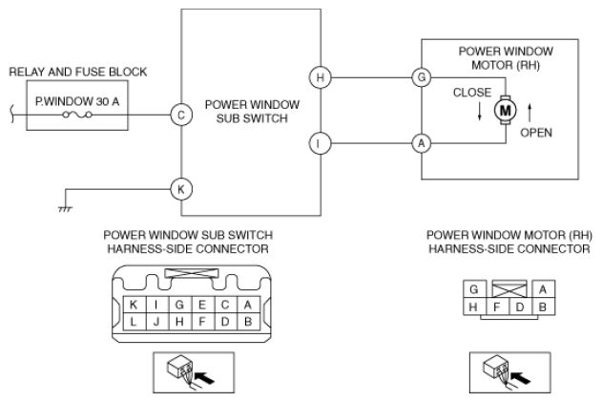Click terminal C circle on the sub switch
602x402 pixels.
[x=181, y=115]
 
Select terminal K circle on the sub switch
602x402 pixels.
[x=181, y=189]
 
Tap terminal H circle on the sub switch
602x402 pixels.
[x=320, y=77]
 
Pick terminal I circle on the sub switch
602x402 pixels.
[x=320, y=143]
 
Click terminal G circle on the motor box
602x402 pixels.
[x=422, y=77]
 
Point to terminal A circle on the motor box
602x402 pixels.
[x=422, y=143]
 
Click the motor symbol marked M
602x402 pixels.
[x=506, y=111]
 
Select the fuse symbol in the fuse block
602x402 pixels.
[x=77, y=115]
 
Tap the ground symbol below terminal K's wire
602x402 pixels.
[x=65, y=209]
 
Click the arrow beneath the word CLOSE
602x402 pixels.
[x=480, y=112]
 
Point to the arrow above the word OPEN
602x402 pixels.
[x=529, y=113]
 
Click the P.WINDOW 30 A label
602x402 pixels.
[x=77, y=101]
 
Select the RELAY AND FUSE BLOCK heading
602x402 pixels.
[x=78, y=72]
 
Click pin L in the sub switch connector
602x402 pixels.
[x=134, y=321]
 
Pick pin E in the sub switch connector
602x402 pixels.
[x=202, y=305]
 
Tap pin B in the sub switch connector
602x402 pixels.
[x=248, y=321]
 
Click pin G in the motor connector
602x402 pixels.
[x=474, y=289]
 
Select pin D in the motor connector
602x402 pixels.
[x=520, y=307]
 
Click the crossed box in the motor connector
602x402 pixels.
[x=509, y=288]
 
